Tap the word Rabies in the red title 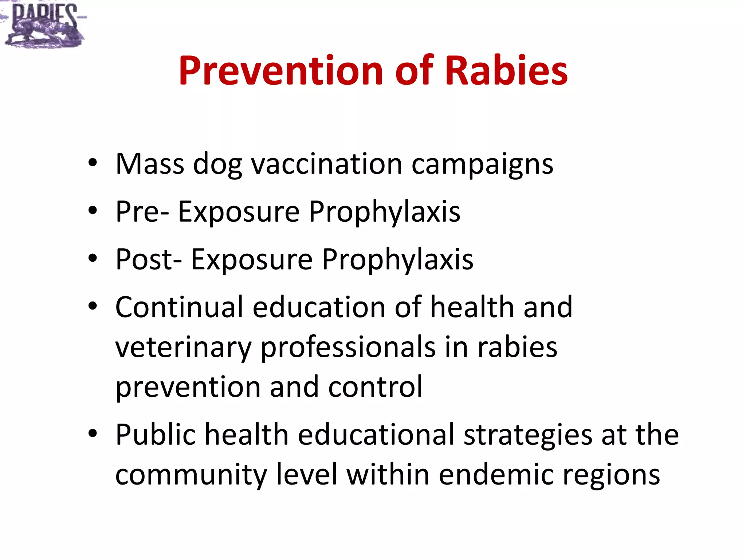pyautogui.click(x=506, y=70)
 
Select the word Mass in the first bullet pyautogui.click(x=150, y=164)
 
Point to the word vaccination pyautogui.click(x=327, y=164)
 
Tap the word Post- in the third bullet pyautogui.click(x=149, y=259)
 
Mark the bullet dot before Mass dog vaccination pyautogui.click(x=93, y=163)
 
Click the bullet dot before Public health pyautogui.click(x=93, y=433)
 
